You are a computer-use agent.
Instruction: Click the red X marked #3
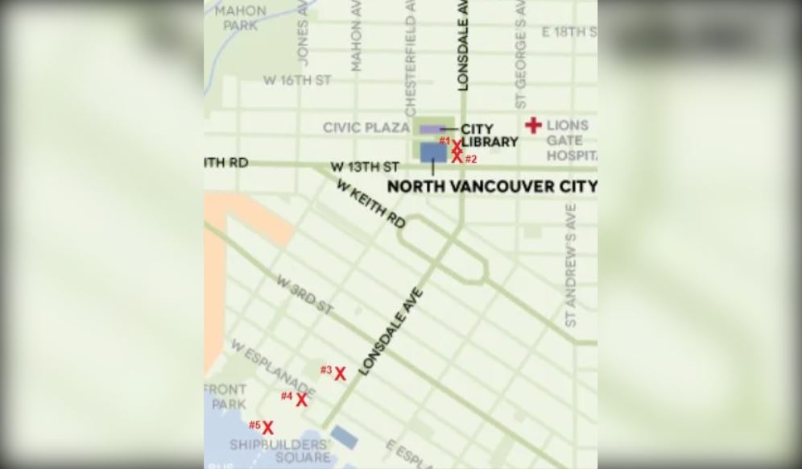(x=341, y=374)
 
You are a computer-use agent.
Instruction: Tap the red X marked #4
(x=301, y=400)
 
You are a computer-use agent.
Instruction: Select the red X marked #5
(x=267, y=428)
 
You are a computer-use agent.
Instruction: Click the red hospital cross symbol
(x=533, y=125)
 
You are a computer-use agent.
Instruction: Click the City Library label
(x=489, y=135)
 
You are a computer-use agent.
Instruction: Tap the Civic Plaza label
(x=366, y=128)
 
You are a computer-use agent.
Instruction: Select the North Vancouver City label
(x=492, y=186)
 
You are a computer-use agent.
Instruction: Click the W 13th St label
(x=365, y=167)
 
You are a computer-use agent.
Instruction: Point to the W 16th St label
(x=297, y=81)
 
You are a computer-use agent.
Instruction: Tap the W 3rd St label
(x=304, y=295)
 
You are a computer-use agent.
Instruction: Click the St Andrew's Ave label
(x=571, y=264)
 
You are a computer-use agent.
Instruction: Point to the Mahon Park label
(x=240, y=17)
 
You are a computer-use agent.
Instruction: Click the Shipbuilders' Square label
(x=279, y=451)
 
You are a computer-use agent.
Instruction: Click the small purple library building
(x=430, y=129)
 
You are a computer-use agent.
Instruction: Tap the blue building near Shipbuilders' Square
(x=345, y=438)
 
